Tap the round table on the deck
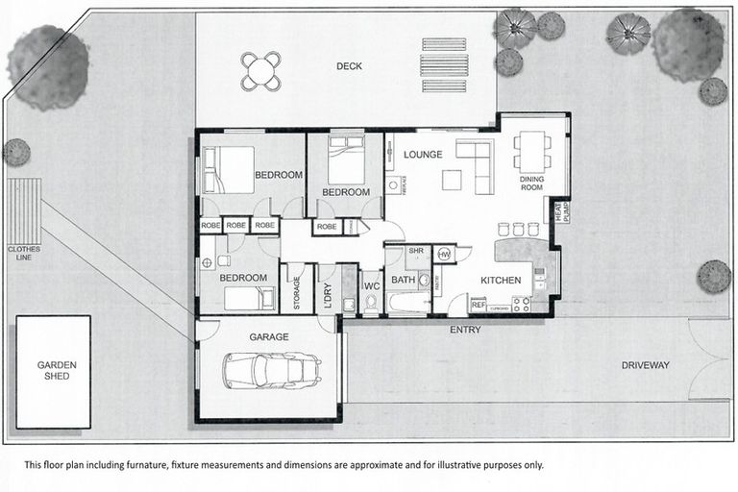click(261, 70)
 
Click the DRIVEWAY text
click(645, 365)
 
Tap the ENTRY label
click(465, 330)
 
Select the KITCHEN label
click(501, 281)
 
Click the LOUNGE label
click(423, 154)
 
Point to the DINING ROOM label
click(531, 183)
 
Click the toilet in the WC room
click(372, 303)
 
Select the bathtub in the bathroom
click(407, 304)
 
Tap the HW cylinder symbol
click(444, 254)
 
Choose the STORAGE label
click(297, 290)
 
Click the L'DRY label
click(327, 291)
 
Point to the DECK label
click(350, 66)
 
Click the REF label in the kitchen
click(478, 305)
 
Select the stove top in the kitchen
click(522, 305)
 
